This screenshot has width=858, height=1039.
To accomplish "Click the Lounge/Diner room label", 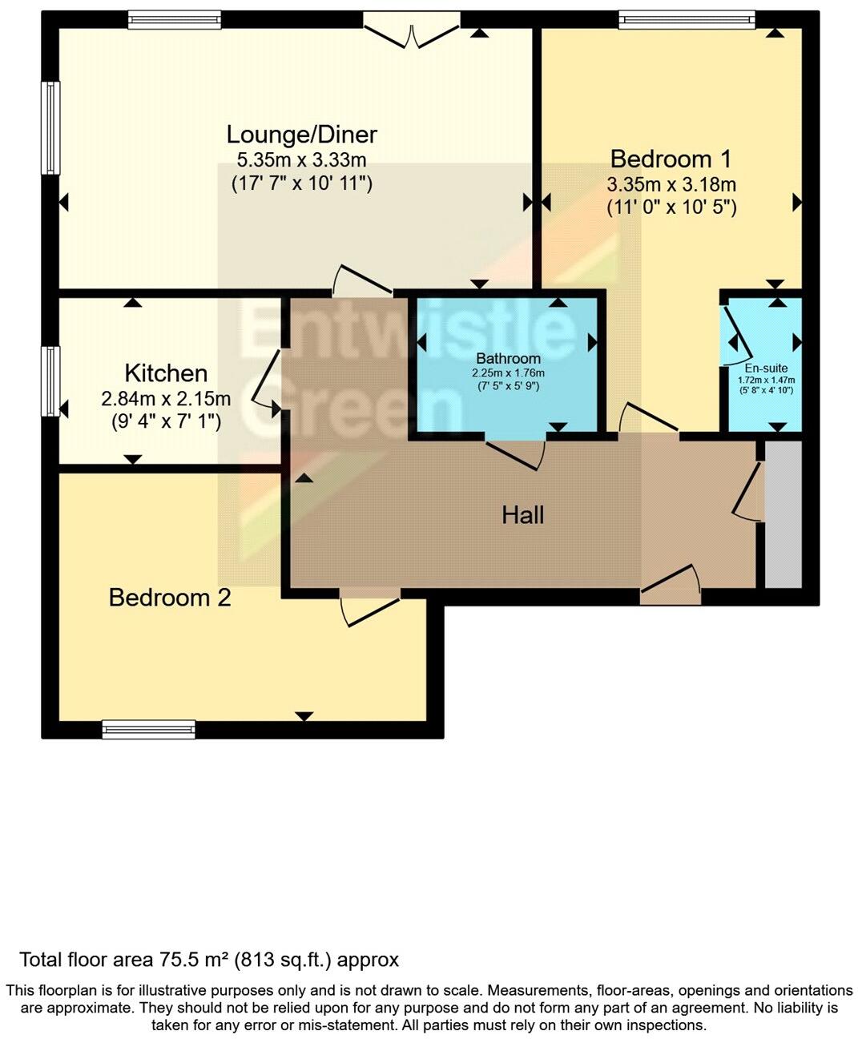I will [x=301, y=134].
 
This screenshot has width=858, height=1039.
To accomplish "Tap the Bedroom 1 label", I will [x=671, y=158].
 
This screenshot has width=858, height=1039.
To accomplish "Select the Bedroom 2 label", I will [x=170, y=598].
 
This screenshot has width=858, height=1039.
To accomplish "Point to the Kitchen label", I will [x=166, y=373].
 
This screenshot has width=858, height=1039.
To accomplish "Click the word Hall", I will [x=522, y=514].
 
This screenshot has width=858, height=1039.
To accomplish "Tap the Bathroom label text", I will [x=508, y=358].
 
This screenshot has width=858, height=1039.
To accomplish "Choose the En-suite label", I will [x=766, y=368].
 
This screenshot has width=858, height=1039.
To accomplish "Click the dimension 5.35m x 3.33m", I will [x=301, y=159].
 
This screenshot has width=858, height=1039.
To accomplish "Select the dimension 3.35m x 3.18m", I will [x=671, y=184].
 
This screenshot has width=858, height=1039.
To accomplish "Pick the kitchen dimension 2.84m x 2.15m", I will [x=166, y=398].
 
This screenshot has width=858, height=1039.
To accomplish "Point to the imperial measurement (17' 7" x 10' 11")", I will [x=301, y=183].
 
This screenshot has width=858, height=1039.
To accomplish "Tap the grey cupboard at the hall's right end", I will [x=783, y=513].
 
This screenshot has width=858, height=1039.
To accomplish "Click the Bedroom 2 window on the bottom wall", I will [x=148, y=729].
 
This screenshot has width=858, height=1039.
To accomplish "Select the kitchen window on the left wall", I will [x=50, y=381].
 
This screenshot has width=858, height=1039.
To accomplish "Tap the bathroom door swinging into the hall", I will [x=517, y=453].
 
